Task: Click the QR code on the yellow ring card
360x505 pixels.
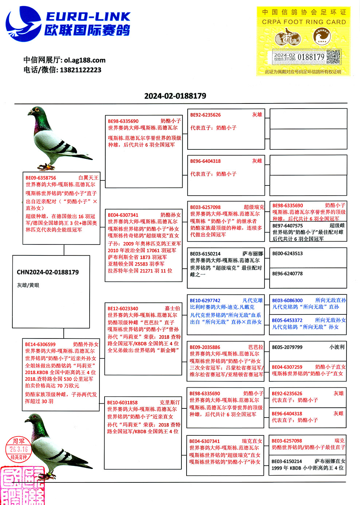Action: [333, 57]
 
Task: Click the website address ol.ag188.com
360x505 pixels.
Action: [85, 60]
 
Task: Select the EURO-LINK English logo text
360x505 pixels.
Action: [88, 16]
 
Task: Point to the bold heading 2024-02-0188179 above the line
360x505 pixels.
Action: [175, 96]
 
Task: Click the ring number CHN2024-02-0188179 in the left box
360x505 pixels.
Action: [48, 272]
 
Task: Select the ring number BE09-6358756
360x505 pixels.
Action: [41, 178]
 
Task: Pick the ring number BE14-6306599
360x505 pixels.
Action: [40, 344]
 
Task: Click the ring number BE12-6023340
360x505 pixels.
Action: [123, 308]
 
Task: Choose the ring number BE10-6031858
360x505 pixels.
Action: [122, 403]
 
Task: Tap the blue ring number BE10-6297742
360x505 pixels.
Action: [205, 301]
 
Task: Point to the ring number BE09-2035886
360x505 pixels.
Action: [205, 347]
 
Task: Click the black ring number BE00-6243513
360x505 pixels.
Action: [287, 254]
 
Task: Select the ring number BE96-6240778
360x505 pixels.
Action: [287, 274]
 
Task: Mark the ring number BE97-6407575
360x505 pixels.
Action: [287, 226]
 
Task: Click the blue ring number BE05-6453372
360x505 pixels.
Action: [287, 320]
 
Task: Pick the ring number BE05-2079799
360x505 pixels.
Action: [287, 347]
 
